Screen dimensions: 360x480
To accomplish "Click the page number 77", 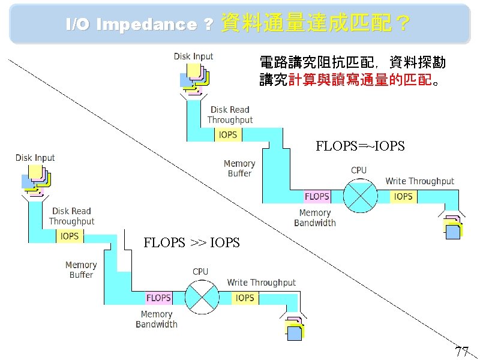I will click(461, 351).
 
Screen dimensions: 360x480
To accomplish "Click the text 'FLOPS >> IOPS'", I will click(191, 242).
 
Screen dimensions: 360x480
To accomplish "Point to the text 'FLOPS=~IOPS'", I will click(360, 146).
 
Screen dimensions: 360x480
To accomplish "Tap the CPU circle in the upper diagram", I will click(359, 196).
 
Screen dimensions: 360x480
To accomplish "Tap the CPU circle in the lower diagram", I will click(201, 298).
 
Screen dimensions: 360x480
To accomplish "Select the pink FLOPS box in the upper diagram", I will click(317, 196).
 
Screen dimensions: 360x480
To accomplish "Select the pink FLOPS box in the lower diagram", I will click(158, 298).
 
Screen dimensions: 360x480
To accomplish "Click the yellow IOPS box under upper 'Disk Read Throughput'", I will click(228, 134).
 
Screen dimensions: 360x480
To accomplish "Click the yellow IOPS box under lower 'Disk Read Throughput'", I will click(70, 236).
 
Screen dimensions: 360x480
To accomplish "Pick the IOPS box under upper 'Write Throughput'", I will click(403, 196).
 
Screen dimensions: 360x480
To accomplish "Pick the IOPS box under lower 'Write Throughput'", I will click(245, 298).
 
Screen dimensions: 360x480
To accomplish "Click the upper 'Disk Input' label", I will click(193, 56).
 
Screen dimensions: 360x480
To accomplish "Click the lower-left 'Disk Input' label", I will click(35, 158).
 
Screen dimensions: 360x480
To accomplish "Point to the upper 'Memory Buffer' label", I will click(239, 169).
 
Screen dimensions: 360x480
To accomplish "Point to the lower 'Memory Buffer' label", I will click(81, 270).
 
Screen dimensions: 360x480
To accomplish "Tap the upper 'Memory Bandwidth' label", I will click(315, 218).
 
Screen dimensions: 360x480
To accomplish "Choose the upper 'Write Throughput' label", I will click(419, 181).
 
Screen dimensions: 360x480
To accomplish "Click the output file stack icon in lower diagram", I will click(294, 328).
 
